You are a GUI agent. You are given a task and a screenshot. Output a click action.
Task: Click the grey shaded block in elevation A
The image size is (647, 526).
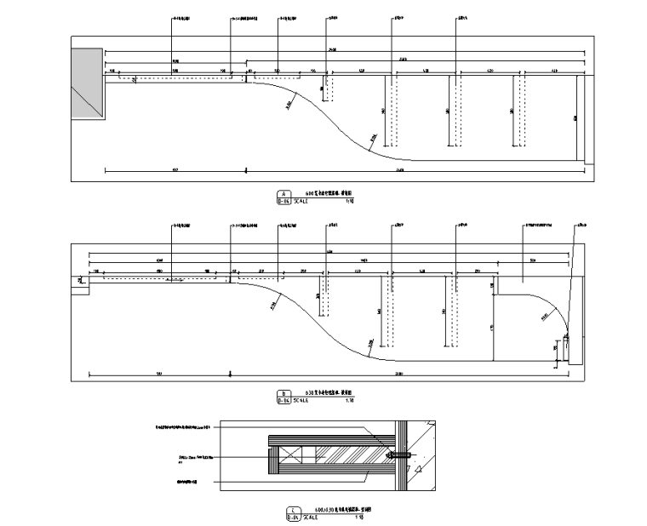[86, 83]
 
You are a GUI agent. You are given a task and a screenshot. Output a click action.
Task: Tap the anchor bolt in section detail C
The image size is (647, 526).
[395, 456]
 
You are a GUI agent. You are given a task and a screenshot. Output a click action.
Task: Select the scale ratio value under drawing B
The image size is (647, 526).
[348, 398]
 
